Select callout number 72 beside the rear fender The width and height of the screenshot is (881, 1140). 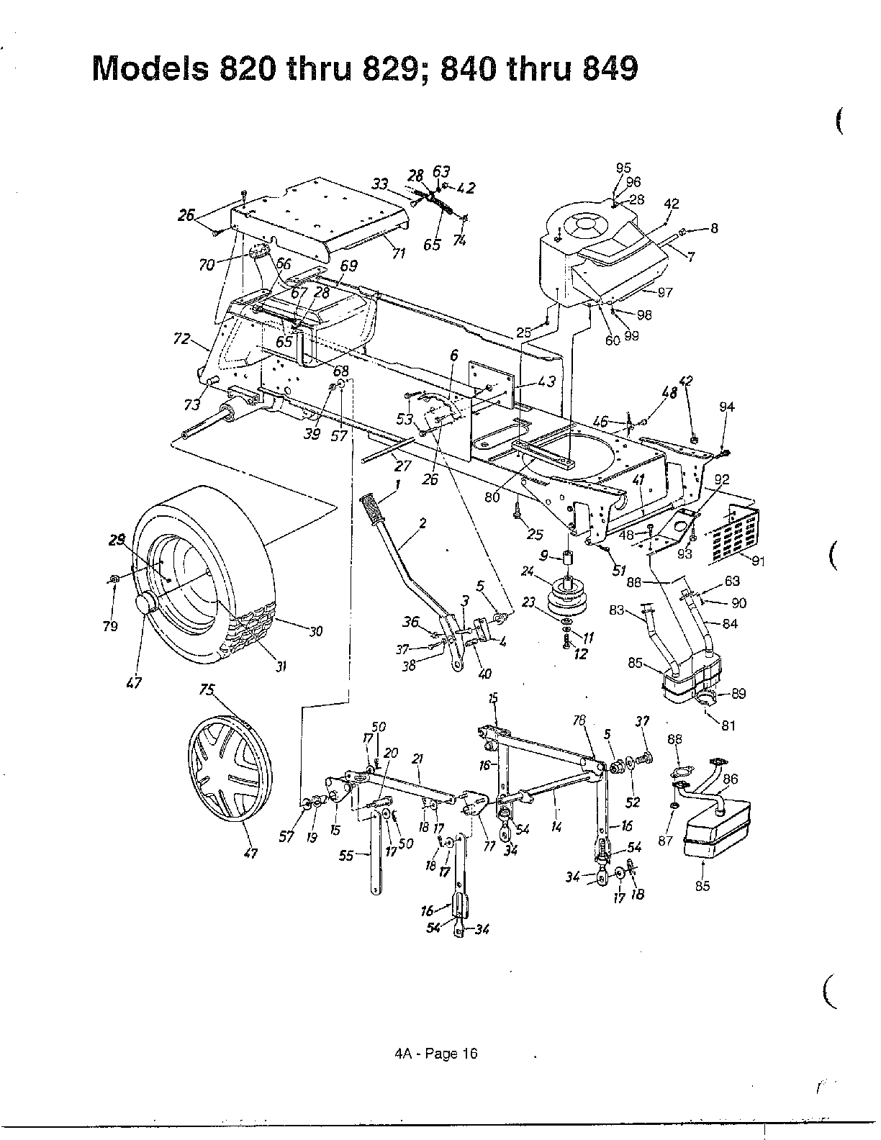click(x=183, y=338)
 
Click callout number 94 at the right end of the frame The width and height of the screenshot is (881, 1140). click(x=726, y=407)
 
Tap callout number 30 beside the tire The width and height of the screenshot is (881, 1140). click(x=315, y=630)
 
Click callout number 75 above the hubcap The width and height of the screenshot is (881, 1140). click(x=207, y=689)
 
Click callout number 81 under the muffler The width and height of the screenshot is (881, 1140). click(x=728, y=725)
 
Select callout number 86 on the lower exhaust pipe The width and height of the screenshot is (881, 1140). click(x=731, y=779)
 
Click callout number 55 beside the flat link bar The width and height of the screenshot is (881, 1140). click(x=346, y=856)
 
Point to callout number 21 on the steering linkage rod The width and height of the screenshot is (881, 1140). click(x=417, y=759)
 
